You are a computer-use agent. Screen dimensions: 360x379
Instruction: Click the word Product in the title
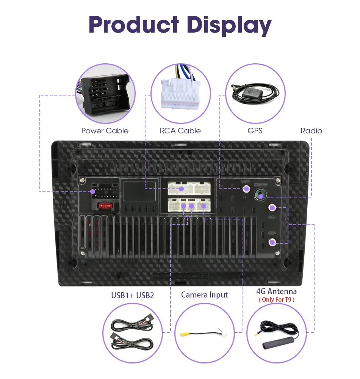pos(134,25)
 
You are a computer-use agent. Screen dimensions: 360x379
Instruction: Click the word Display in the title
pos(229,25)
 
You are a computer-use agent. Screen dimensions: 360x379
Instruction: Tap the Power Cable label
pos(105,131)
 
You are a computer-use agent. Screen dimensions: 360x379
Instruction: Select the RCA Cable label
pos(180,131)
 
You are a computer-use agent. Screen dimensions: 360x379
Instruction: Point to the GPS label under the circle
pos(255,131)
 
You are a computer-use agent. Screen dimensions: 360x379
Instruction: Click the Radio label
pos(311,131)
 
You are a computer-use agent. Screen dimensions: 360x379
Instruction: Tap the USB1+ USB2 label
pos(133,295)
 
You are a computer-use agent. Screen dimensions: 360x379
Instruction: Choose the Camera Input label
pos(205,295)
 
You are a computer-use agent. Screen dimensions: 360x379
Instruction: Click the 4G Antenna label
pos(276,291)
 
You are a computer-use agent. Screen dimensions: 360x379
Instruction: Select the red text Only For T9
pos(276,300)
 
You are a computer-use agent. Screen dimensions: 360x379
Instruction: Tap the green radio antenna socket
pos(260,196)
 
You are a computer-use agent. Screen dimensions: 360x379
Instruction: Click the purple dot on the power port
pos(93,192)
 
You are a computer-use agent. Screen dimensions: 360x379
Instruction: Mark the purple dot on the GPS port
pos(247,188)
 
